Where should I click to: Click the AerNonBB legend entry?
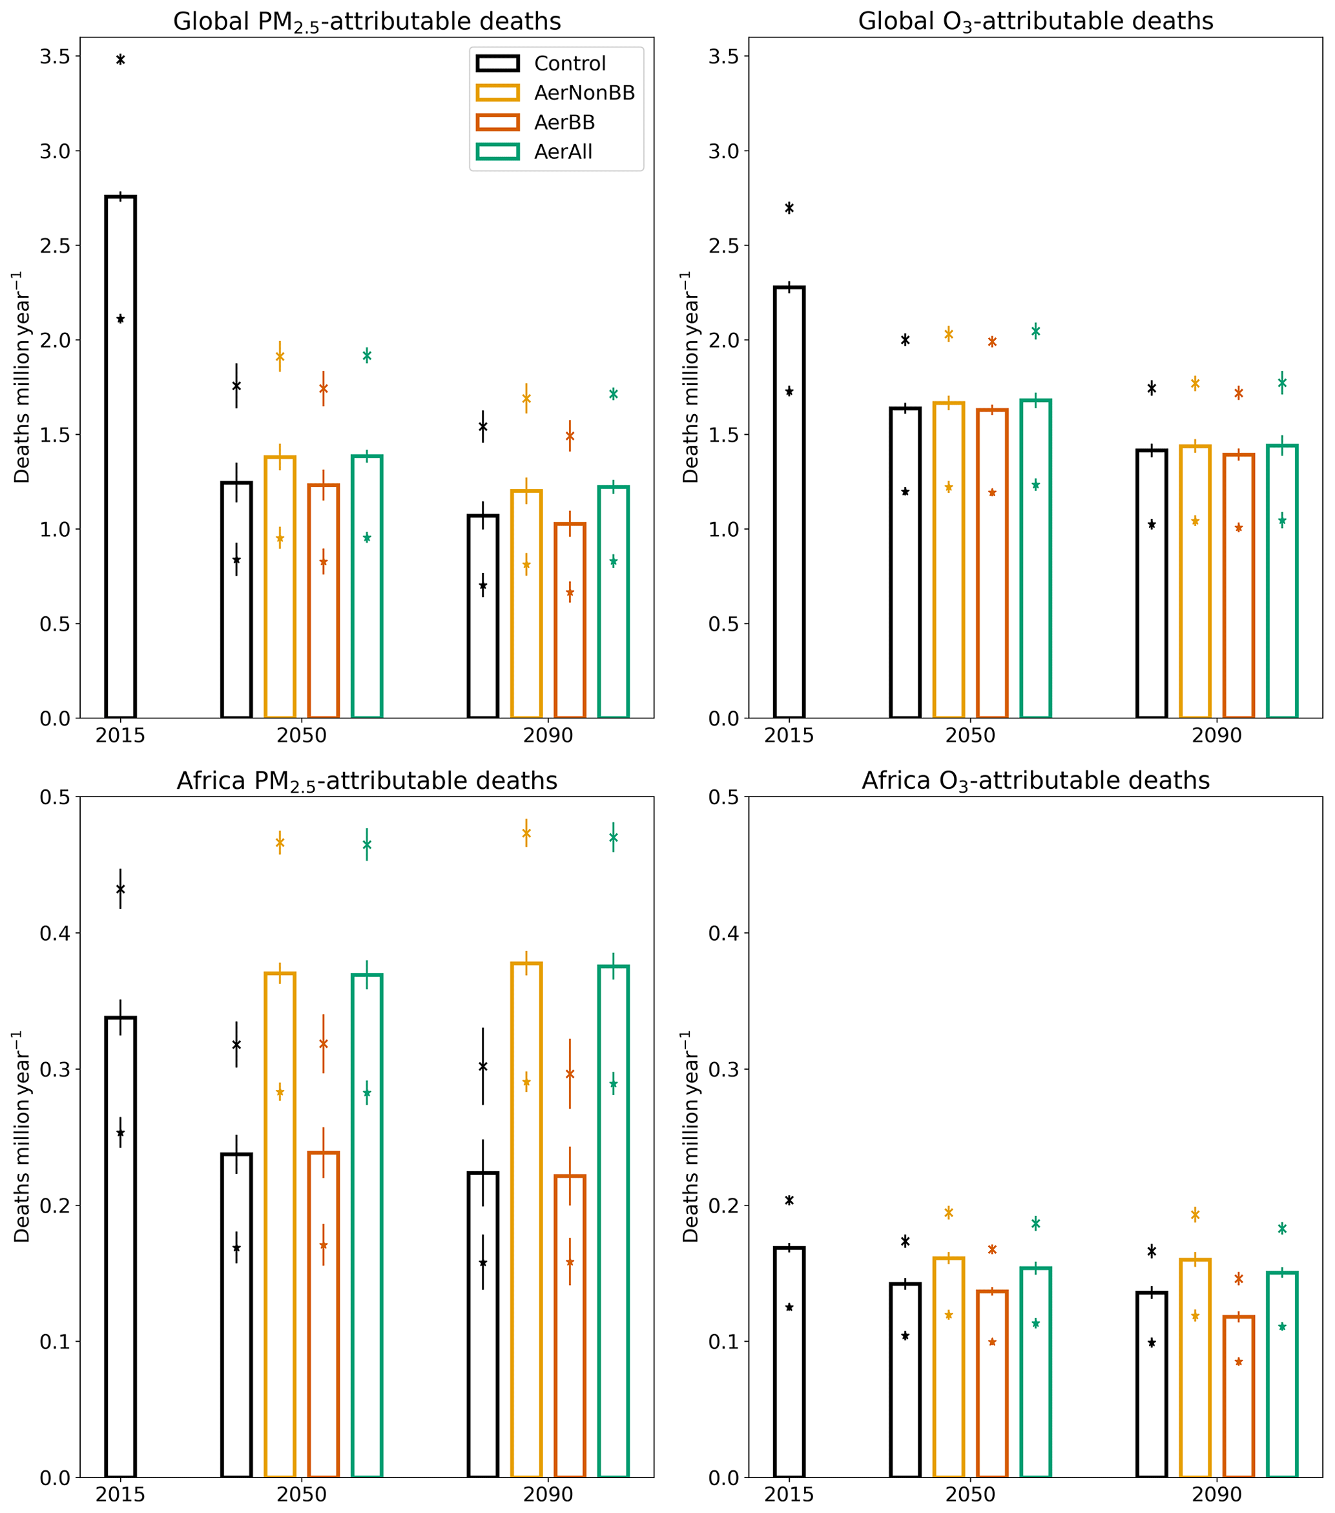pyautogui.click(x=584, y=92)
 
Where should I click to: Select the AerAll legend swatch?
pyautogui.click(x=497, y=152)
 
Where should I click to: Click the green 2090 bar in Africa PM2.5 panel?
pyautogui.click(x=614, y=1222)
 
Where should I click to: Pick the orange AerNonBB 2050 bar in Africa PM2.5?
pyautogui.click(x=280, y=1225)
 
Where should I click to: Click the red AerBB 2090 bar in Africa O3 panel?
pyautogui.click(x=1239, y=1396)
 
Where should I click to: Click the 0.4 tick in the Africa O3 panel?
pyautogui.click(x=724, y=934)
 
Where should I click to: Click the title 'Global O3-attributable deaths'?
pyautogui.click(x=1035, y=21)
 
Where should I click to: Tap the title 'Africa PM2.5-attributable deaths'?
pyautogui.click(x=367, y=781)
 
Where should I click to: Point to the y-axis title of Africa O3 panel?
pyautogui.click(x=690, y=1137)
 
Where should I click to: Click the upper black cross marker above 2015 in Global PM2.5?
pyautogui.click(x=121, y=59)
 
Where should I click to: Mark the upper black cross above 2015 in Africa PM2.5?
pyautogui.click(x=121, y=889)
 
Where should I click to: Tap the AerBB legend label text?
pyautogui.click(x=564, y=122)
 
